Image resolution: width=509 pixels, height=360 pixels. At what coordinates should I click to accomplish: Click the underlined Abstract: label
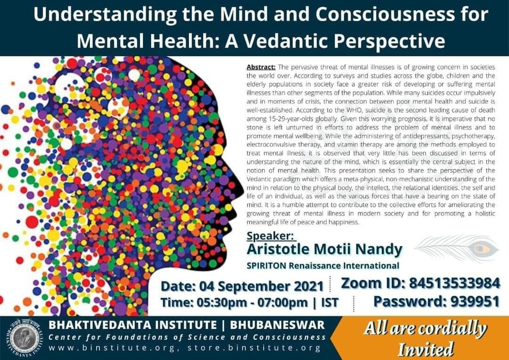(x=261, y=67)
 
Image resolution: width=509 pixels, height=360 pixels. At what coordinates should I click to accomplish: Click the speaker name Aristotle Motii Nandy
(x=324, y=249)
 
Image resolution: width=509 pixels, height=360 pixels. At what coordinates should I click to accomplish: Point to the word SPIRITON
(x=266, y=266)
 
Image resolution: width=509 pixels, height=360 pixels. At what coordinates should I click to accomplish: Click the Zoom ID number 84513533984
(x=454, y=283)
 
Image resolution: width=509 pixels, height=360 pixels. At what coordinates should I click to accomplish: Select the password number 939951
(x=475, y=301)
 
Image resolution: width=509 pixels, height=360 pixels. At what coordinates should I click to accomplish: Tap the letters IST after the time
(x=329, y=302)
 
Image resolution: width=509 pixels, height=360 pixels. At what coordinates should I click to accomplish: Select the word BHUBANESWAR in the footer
(x=278, y=325)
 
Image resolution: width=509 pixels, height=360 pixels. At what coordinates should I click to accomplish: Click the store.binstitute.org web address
(x=254, y=348)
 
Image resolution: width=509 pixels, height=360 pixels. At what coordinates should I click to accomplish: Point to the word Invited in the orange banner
(x=426, y=349)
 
